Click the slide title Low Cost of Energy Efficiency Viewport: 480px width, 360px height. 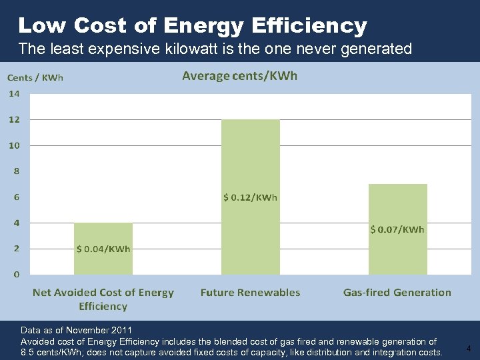point(193,26)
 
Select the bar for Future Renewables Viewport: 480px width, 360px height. point(251,160)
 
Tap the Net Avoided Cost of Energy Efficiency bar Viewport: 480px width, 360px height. point(103,230)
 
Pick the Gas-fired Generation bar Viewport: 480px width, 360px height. point(398,207)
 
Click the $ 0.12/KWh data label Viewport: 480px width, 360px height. point(250,197)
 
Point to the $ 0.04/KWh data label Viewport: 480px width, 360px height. point(103,249)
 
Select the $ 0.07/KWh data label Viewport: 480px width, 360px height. point(397,229)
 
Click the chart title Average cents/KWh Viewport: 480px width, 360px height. point(240,75)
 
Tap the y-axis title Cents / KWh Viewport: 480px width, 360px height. point(35,78)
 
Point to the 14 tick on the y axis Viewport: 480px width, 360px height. point(14,94)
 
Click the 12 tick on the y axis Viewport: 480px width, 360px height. point(14,120)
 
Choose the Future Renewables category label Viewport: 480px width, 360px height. point(250,293)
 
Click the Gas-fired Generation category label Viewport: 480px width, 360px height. point(397,293)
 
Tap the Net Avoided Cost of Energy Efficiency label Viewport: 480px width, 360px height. point(103,299)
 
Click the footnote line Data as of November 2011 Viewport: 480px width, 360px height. point(77,330)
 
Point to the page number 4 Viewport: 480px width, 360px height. point(469,348)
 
